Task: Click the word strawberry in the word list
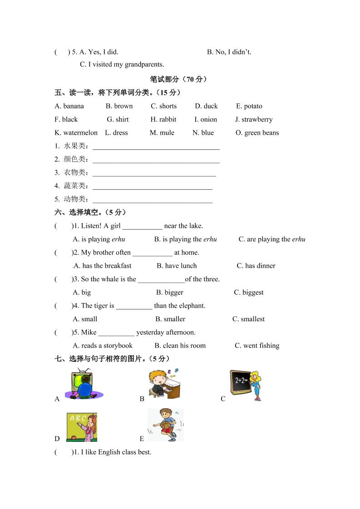pos(257,120)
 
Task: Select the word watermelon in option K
pos(80,133)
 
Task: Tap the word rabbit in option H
pos(168,120)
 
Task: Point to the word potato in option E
pos(253,107)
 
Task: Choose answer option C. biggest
pos(248,293)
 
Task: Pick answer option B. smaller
pos(170,319)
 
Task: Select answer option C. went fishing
pos(257,346)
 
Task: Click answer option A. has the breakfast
pos(102,266)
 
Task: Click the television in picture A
pos(81,379)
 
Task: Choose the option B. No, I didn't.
pos(229,52)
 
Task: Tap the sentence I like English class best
pos(116,452)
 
